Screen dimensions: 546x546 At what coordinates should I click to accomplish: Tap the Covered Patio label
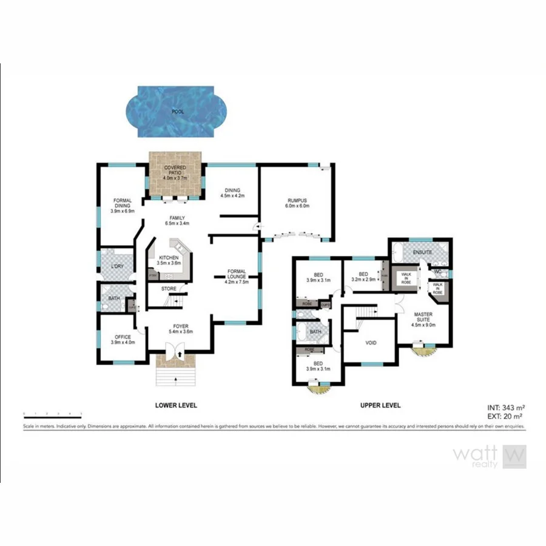(x=175, y=172)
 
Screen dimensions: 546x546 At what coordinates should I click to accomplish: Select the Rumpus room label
(x=298, y=203)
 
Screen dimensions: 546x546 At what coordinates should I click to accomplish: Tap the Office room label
(x=123, y=339)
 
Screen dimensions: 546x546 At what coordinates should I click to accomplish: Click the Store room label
(x=169, y=289)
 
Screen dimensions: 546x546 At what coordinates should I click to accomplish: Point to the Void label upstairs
(x=371, y=343)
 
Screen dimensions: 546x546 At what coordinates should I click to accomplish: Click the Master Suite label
(x=423, y=318)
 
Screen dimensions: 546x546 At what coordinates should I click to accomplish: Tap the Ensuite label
(x=422, y=251)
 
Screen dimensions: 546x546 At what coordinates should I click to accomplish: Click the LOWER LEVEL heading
(x=176, y=405)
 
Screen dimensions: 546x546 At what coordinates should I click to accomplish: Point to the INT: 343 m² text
(x=505, y=407)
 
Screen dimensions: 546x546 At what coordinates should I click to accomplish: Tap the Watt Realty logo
(x=490, y=457)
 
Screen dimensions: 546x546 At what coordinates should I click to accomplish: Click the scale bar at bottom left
(x=52, y=414)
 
